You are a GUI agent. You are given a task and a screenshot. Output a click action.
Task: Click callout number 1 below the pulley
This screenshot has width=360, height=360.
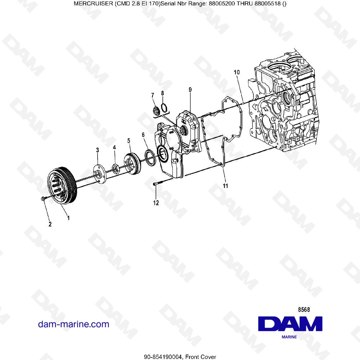tap(68, 217)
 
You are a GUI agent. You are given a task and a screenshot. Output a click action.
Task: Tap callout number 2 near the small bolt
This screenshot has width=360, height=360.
tap(50, 224)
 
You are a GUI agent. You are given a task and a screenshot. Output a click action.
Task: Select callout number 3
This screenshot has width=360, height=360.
tap(97, 149)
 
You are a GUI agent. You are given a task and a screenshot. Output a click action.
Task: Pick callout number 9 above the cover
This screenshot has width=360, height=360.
tap(190, 89)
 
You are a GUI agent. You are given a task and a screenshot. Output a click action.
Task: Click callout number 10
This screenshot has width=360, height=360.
tap(237, 72)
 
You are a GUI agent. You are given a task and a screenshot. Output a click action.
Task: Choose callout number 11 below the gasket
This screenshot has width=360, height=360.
tap(225, 186)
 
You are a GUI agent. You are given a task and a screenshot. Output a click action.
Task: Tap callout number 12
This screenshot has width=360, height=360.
tap(156, 203)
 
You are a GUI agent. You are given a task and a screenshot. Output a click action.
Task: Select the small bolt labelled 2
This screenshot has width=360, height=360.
tap(43, 198)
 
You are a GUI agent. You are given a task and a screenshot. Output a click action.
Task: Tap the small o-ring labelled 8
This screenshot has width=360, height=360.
tap(164, 107)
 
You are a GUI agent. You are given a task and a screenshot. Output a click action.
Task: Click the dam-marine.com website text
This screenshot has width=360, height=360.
tap(73, 324)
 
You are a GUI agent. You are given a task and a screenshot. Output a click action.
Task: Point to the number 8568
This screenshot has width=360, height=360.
tap(305, 309)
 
